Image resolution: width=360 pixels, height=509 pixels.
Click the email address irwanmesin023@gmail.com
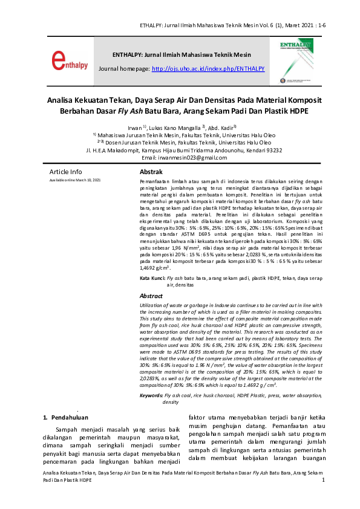pos(193,158)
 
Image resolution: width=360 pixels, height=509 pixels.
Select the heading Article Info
pos(65,172)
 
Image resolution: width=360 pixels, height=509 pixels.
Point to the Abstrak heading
pos(152,172)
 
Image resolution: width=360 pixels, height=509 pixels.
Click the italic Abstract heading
pos(151,296)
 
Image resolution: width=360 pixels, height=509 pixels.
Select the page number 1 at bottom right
pos(324,480)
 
